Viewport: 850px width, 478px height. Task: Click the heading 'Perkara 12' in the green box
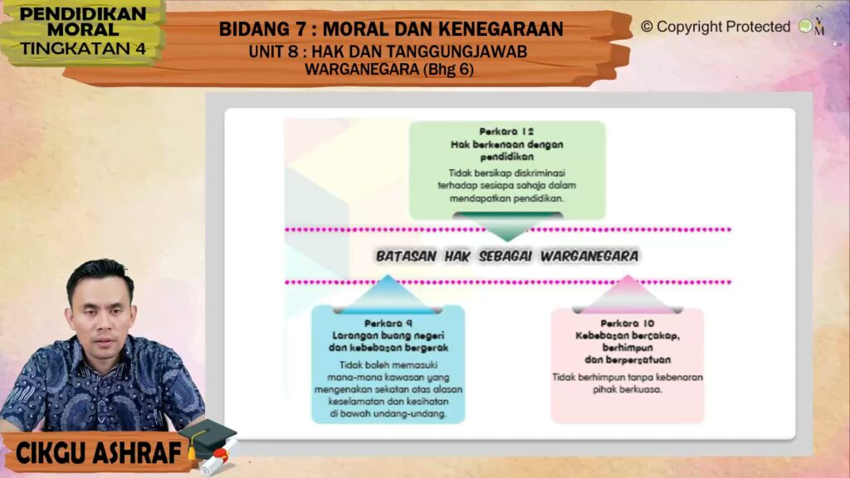pyautogui.click(x=506, y=132)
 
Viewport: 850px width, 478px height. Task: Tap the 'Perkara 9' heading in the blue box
pyautogui.click(x=388, y=324)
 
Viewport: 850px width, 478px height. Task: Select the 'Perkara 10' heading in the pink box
pyautogui.click(x=628, y=324)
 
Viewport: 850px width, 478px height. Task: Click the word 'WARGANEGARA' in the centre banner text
pyautogui.click(x=589, y=256)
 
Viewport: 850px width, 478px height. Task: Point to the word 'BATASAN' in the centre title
pyautogui.click(x=406, y=256)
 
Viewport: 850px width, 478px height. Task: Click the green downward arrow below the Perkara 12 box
pyautogui.click(x=508, y=226)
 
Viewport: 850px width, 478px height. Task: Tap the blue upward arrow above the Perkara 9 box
pyautogui.click(x=388, y=295)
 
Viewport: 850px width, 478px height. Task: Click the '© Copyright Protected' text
pyautogui.click(x=716, y=27)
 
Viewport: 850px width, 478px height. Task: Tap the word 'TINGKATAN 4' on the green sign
pyautogui.click(x=83, y=49)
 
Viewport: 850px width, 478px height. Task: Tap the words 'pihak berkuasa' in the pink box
pyautogui.click(x=628, y=389)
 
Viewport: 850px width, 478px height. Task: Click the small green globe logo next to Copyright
pyautogui.click(x=805, y=26)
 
